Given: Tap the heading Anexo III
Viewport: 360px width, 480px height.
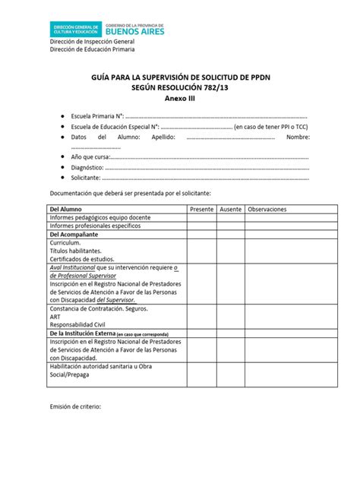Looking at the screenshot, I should point(179,99).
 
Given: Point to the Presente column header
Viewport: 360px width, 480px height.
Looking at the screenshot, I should point(201,209).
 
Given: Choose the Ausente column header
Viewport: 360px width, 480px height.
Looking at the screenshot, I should point(230,209).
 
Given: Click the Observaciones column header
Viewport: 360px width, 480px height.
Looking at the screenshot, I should point(267,209).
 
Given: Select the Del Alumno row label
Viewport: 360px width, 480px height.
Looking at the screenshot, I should point(65,209).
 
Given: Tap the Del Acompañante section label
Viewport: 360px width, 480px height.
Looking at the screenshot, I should point(75,235).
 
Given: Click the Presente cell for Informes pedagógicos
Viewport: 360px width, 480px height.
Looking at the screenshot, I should point(201,217).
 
